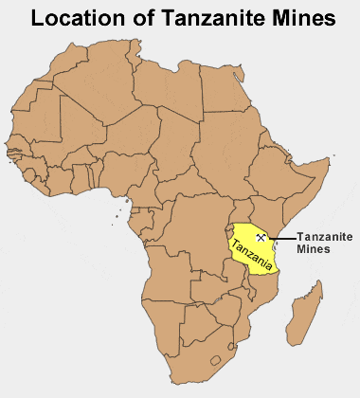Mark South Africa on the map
(x=199, y=355)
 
